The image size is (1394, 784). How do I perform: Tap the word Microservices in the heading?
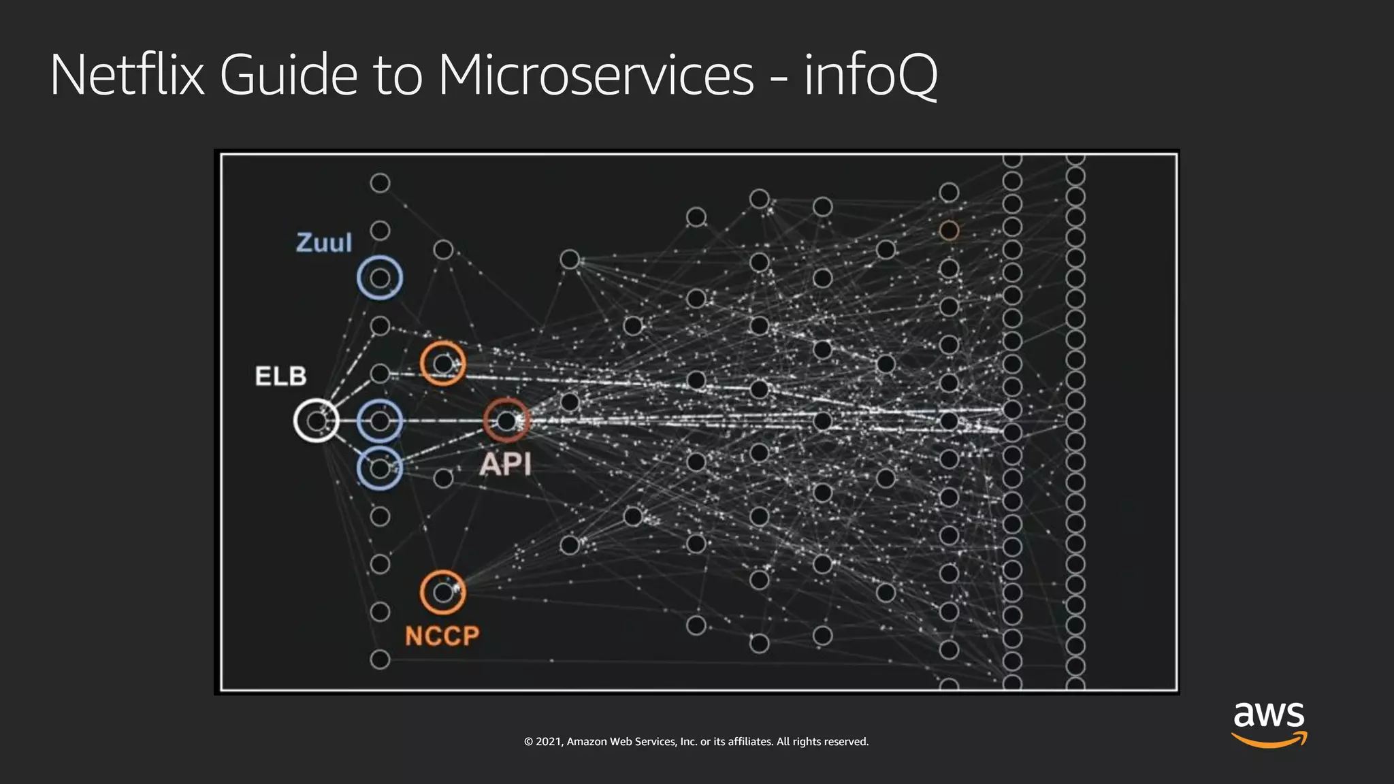[x=596, y=75]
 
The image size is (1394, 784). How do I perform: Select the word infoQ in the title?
[x=871, y=75]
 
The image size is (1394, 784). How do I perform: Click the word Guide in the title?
[x=289, y=75]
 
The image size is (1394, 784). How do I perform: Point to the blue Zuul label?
[x=324, y=243]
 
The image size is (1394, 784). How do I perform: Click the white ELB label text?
[x=280, y=376]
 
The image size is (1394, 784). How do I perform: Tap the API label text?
[x=505, y=465]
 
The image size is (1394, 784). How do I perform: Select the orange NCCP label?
[x=442, y=636]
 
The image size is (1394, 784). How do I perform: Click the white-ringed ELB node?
[x=317, y=421]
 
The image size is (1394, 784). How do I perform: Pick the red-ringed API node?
[x=506, y=421]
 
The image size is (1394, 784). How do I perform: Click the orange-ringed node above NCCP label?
[x=443, y=593]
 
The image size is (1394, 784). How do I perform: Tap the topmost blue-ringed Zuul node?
[x=380, y=278]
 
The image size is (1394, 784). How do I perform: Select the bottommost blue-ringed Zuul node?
[x=380, y=468]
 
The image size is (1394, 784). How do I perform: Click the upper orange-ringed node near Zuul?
[x=443, y=364]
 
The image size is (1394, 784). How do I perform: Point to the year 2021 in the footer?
[x=548, y=742]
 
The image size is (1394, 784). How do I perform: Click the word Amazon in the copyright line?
[x=586, y=742]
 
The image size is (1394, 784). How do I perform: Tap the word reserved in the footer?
[x=845, y=742]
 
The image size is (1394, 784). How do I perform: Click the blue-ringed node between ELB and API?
[x=380, y=421]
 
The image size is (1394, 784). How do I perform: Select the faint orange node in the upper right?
[x=949, y=231]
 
